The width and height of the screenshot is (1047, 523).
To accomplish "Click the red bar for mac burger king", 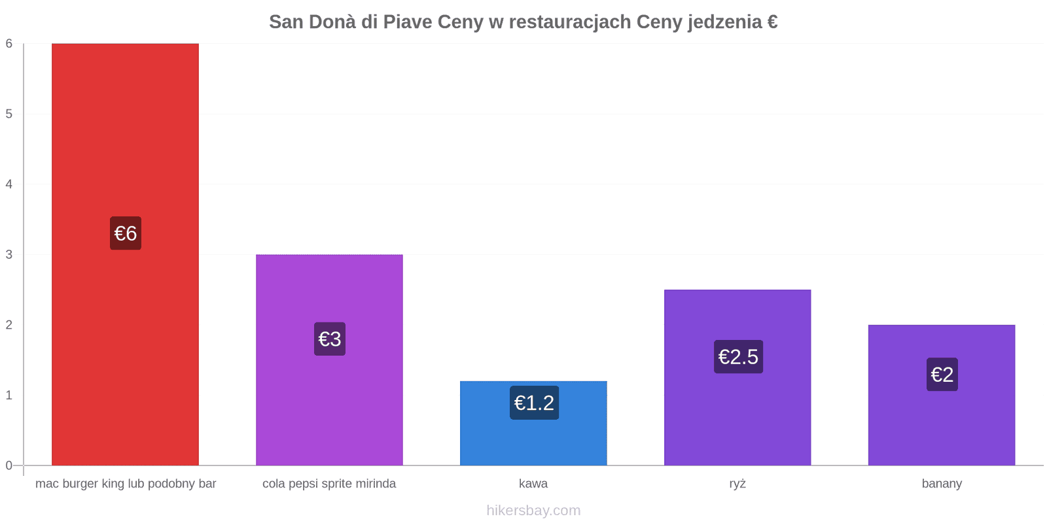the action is [x=125, y=254].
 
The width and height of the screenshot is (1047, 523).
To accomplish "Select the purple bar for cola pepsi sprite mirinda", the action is [x=330, y=360].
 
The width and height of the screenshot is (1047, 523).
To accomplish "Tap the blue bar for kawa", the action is [x=534, y=423].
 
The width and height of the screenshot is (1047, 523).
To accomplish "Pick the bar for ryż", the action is [x=737, y=377].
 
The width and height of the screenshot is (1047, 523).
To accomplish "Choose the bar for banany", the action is [x=942, y=395].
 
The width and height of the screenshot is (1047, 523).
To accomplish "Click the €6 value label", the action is [x=126, y=233].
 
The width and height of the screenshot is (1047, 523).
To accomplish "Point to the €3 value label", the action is [x=330, y=339].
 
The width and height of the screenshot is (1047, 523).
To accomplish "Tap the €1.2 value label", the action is [x=534, y=403].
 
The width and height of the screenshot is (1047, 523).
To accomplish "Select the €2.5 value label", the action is [x=739, y=357].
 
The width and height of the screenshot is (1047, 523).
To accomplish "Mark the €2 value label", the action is [x=942, y=375].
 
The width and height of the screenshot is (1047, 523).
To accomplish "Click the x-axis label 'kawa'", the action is [x=533, y=483].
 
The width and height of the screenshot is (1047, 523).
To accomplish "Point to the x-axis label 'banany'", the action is [x=942, y=484].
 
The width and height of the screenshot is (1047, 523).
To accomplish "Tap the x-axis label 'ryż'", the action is [x=737, y=484].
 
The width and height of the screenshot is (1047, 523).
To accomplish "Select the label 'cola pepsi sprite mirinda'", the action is [x=329, y=484].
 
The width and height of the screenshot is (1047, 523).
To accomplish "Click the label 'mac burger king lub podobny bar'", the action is [x=126, y=484].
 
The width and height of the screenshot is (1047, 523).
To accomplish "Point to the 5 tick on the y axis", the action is [x=9, y=114].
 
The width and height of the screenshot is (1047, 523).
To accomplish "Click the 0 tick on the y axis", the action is [x=9, y=465].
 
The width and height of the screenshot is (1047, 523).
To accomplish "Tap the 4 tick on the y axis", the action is [x=9, y=184].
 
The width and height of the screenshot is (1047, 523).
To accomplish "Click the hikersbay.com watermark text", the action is [x=534, y=511].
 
